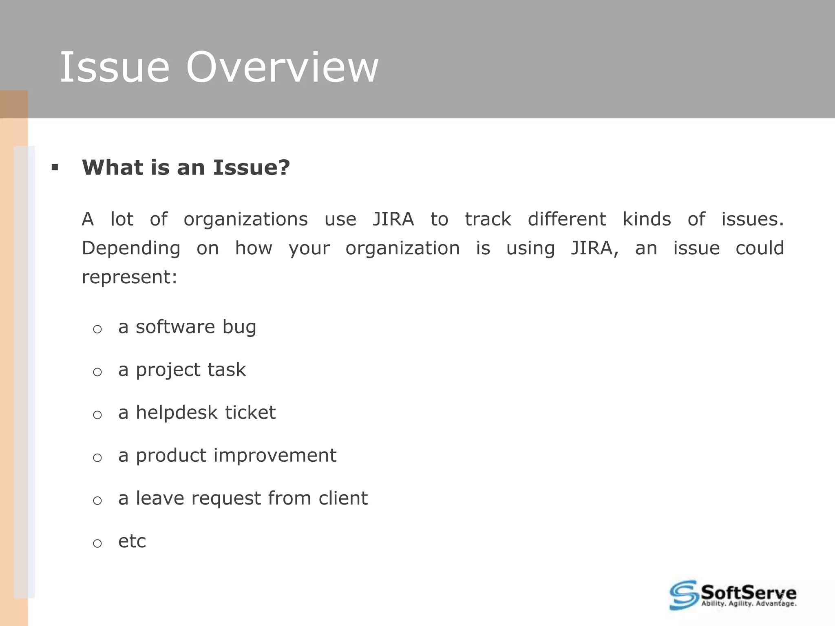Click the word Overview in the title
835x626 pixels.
point(282,67)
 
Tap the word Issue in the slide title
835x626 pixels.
point(115,67)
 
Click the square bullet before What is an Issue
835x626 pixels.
point(55,167)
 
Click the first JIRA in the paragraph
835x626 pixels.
point(393,219)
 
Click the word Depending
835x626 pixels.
point(131,249)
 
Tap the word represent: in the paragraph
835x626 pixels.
point(130,278)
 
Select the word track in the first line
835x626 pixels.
point(488,219)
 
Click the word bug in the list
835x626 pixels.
point(239,327)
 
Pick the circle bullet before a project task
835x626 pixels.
point(97,372)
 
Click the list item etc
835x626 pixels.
point(132,541)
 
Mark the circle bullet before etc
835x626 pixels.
point(97,543)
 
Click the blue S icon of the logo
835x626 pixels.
point(683,595)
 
